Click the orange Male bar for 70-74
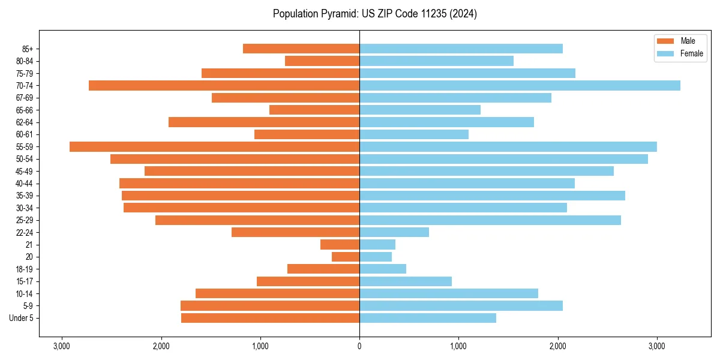(x=224, y=86)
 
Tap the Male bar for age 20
(x=346, y=257)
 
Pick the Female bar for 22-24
(x=394, y=232)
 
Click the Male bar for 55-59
(x=214, y=147)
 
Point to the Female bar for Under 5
(x=428, y=318)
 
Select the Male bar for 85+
(x=301, y=49)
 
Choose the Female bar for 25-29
(x=490, y=220)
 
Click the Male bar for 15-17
(x=308, y=281)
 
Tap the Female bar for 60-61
(x=414, y=134)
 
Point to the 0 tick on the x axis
(x=359, y=346)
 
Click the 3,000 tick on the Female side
(x=657, y=346)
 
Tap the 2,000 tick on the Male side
(x=161, y=346)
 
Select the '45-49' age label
(x=25, y=171)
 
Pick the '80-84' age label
(x=25, y=61)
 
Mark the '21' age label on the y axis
(x=29, y=245)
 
